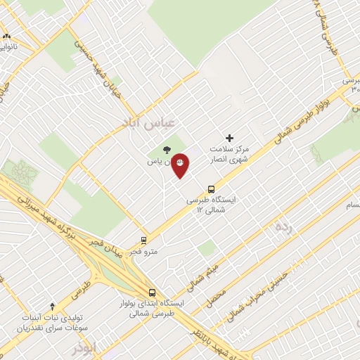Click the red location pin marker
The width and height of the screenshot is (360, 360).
point(180,165)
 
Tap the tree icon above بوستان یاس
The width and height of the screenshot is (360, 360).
point(167,149)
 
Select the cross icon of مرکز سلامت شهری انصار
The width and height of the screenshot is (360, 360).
point(229,138)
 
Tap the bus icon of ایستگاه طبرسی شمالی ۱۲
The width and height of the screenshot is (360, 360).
point(211,188)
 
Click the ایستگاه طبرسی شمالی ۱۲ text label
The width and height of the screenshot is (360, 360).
point(212,205)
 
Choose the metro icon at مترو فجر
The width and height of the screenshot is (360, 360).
point(143,240)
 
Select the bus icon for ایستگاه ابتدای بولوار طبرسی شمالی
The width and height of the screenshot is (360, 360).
point(153,292)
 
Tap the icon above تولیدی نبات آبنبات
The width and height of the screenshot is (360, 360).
point(52,306)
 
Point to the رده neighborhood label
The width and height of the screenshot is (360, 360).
point(283,225)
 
